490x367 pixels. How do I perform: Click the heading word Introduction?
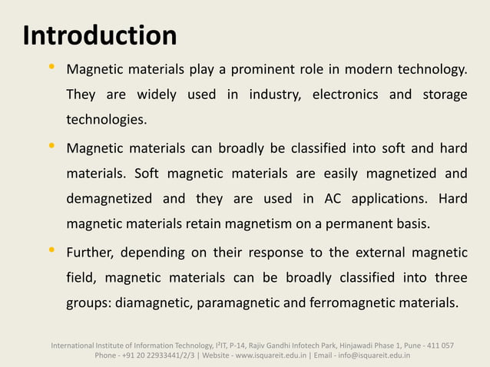pyautogui.click(x=100, y=35)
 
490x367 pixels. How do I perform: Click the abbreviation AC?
pyautogui.click(x=333, y=200)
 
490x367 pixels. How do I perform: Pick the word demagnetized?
pyautogui.click(x=110, y=200)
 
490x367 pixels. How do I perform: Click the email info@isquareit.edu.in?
pyautogui.click(x=376, y=355)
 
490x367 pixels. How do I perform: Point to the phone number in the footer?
pyautogui.click(x=144, y=355)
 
